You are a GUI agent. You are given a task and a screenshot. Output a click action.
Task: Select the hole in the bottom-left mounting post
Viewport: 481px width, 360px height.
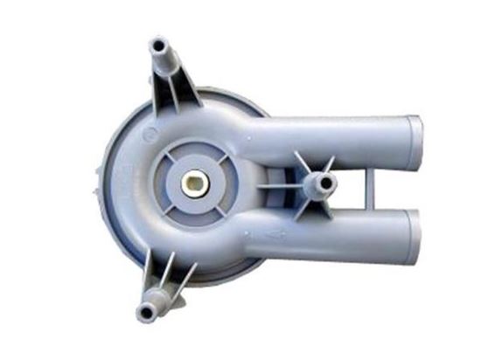144,311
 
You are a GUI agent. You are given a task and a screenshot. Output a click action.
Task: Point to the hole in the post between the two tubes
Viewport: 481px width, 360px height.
327,183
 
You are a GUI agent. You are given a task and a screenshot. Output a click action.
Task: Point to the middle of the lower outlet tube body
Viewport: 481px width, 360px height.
341,234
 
